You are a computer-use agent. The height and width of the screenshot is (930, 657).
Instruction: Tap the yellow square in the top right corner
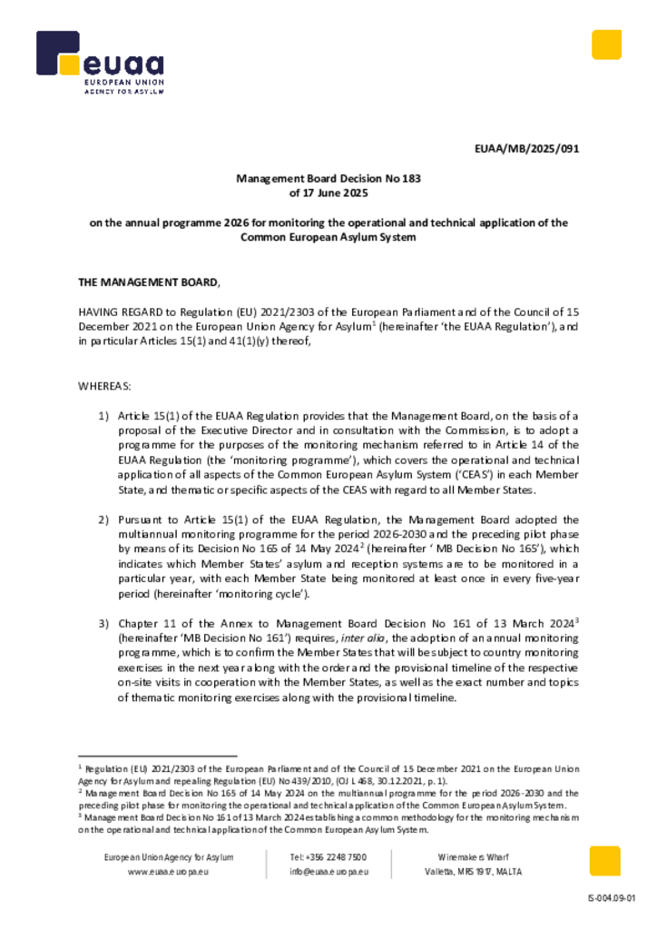606,45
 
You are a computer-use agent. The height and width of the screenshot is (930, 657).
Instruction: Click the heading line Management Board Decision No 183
328,179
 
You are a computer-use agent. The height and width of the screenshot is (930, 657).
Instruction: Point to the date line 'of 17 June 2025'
328,193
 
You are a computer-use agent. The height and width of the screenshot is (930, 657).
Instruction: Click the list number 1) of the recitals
103,415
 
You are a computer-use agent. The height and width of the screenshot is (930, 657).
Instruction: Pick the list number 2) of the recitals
103,519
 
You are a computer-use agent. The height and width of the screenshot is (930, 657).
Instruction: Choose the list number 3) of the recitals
103,624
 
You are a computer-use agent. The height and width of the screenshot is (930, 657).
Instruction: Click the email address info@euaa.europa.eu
328,872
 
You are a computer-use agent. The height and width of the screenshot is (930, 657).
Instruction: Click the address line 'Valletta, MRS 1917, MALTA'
473,872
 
